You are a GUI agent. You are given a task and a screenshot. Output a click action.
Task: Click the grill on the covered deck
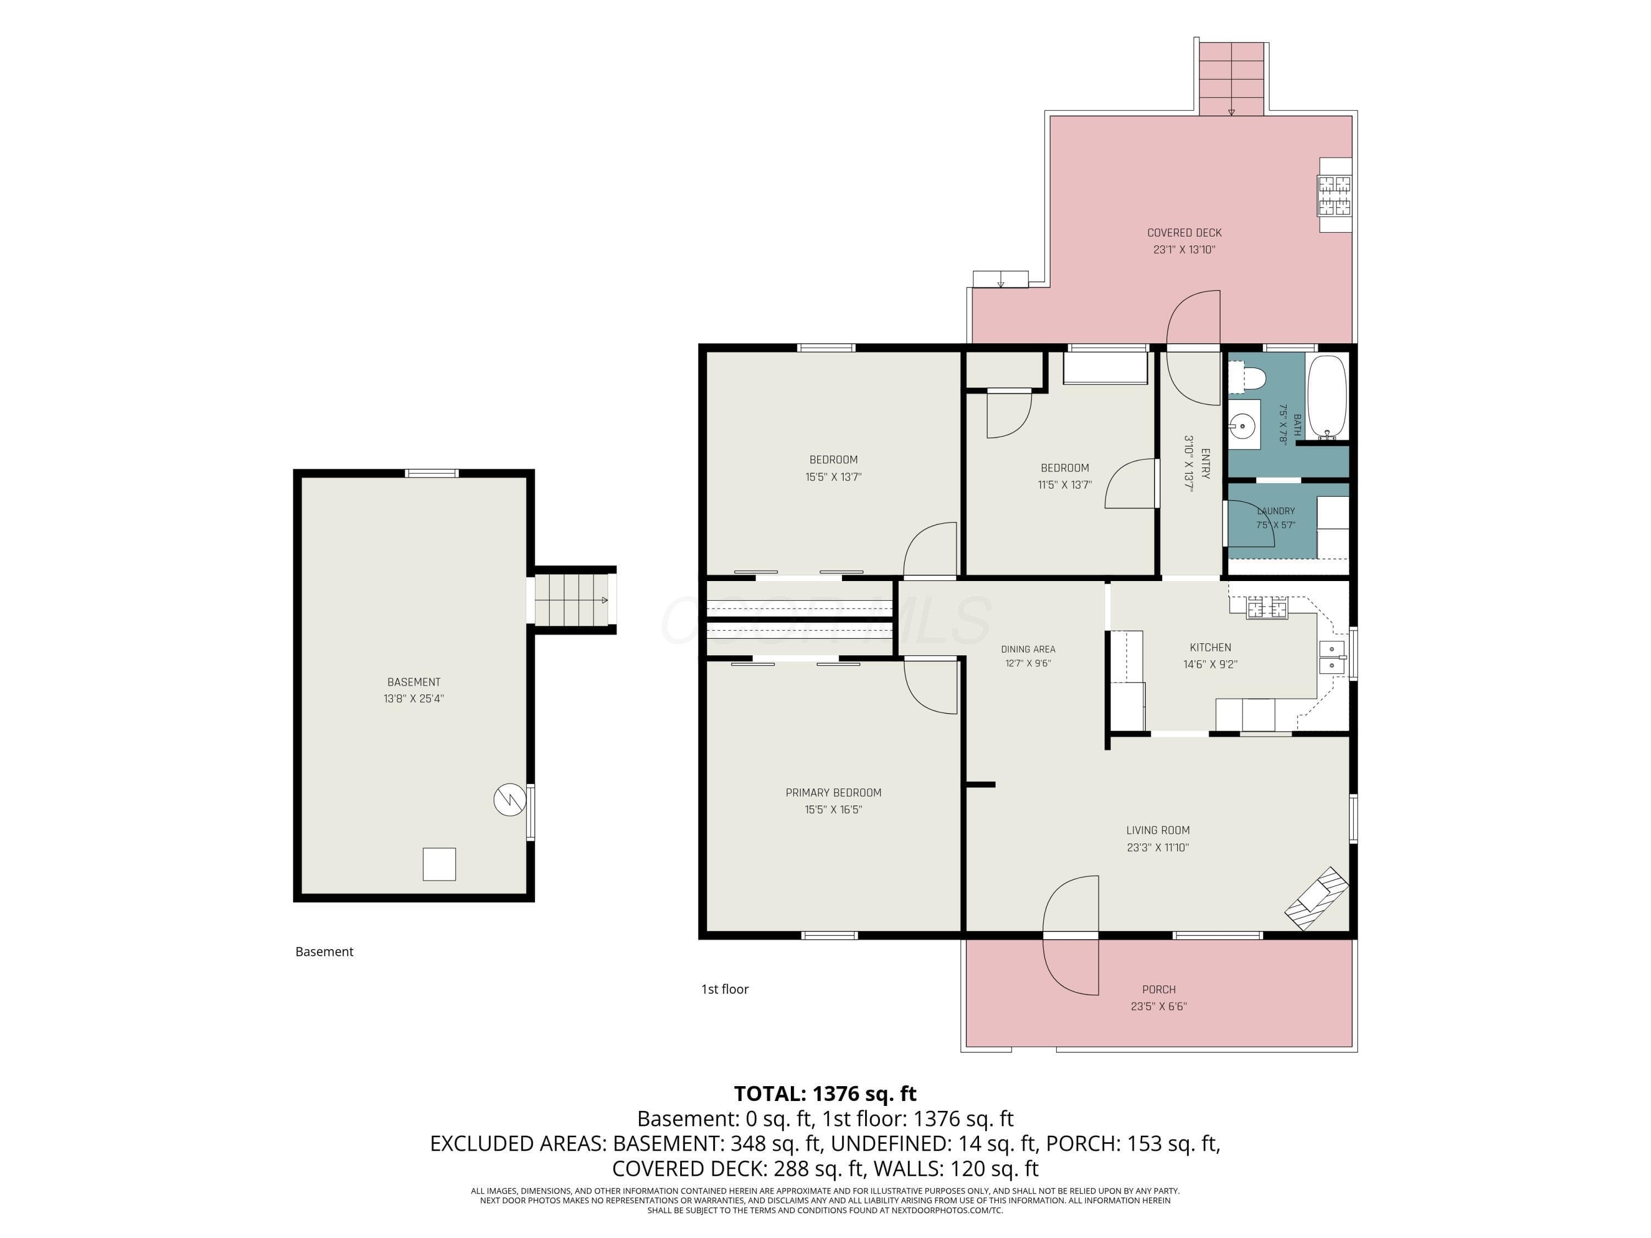coord(1335,194)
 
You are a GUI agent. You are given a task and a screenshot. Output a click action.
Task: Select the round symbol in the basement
coord(510,799)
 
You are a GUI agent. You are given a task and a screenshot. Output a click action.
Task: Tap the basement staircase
coord(572,599)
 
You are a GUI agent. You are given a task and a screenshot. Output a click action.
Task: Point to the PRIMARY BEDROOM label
coord(833,792)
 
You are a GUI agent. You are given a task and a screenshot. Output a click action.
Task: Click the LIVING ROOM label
coord(1158,830)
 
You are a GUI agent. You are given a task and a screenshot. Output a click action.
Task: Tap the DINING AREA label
coord(1029,649)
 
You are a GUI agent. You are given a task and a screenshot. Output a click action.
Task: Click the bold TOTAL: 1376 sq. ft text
coord(825,1094)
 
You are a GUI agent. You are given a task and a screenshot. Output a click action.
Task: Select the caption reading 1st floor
coord(724,989)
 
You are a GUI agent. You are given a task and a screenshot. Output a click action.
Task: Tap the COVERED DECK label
coord(1184,233)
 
